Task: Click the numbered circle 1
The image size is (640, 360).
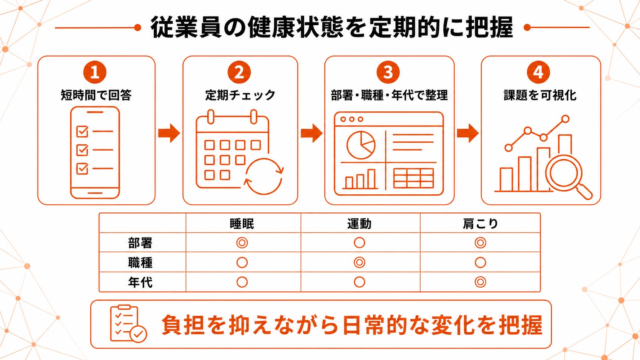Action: (95, 72)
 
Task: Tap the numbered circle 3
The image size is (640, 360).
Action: (388, 72)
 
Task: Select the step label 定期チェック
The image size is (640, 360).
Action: (240, 95)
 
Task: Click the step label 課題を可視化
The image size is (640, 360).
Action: (540, 95)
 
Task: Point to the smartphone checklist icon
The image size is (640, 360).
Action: (95, 152)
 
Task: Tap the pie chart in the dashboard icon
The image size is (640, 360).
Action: (361, 145)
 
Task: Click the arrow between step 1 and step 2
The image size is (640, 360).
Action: (169, 133)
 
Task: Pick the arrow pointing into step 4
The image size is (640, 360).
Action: (468, 133)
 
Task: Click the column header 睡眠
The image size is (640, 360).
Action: (242, 224)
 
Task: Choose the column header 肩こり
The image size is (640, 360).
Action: (480, 224)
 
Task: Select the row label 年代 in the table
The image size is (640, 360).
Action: (140, 282)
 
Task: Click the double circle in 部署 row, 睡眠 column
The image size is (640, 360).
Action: (242, 243)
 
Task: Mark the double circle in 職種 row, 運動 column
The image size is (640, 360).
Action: (359, 262)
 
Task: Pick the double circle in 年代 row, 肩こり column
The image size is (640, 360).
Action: (480, 282)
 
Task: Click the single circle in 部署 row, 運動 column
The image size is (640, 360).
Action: (359, 243)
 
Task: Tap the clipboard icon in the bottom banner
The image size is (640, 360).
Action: (128, 323)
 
